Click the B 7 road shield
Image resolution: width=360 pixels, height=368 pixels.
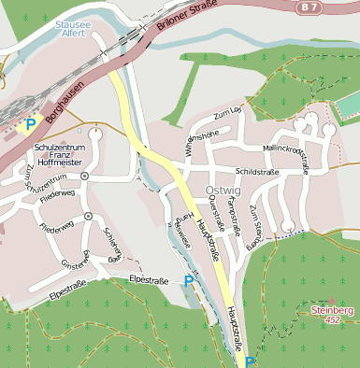[x=335, y=7]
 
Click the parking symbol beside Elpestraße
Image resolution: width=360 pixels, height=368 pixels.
[x=190, y=280]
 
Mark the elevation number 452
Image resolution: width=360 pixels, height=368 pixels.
[x=332, y=318]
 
